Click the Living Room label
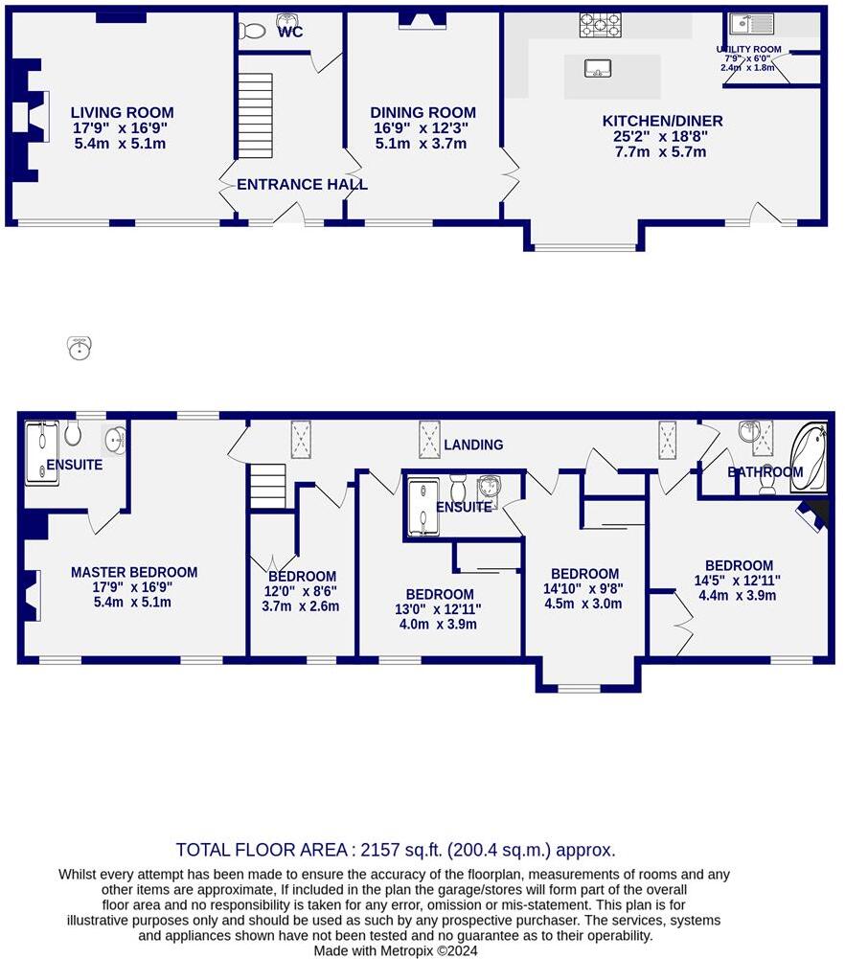coord(123,112)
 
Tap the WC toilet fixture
coord(252,31)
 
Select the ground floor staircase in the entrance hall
coord(255,116)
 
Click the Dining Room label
coord(423,112)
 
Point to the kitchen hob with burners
coord(601,25)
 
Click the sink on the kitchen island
coord(598,69)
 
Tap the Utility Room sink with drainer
coord(751,24)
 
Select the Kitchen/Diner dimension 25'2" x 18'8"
coord(660,136)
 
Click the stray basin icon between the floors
coord(79,348)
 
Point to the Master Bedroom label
coord(134,573)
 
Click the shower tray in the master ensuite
coord(41,453)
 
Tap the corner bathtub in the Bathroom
coord(809,459)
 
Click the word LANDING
coord(473,445)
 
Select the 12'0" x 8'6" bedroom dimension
coord(300,591)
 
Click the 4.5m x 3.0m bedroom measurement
coord(582,604)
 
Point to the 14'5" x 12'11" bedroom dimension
coord(737,581)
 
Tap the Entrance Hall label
coord(302,184)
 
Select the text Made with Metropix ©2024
coord(396,950)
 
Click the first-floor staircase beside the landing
coord(268,487)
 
